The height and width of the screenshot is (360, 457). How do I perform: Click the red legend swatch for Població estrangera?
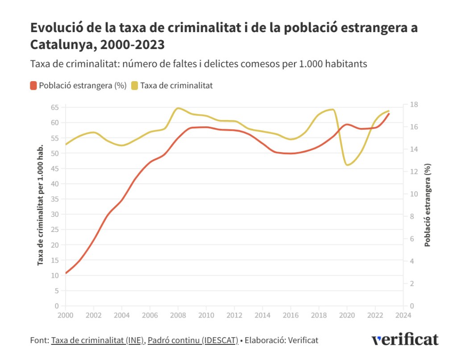pyautogui.click(x=33, y=86)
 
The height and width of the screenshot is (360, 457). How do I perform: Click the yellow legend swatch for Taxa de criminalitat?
pyautogui.click(x=134, y=86)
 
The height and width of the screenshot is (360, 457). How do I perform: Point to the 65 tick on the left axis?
pyautogui.click(x=54, y=108)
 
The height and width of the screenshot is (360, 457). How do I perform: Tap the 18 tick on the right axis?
pyautogui.click(x=414, y=105)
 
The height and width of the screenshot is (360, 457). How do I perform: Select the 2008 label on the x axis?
pyautogui.click(x=178, y=314)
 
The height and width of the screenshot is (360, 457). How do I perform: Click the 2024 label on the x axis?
pyautogui.click(x=403, y=314)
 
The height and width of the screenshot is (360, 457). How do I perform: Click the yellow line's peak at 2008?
pyautogui.click(x=178, y=108)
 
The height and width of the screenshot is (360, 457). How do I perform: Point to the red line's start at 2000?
pyautogui.click(x=66, y=273)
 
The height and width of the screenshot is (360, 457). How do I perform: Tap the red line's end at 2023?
pyautogui.click(x=389, y=114)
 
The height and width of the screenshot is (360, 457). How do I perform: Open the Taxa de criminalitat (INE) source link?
pyautogui.click(x=98, y=340)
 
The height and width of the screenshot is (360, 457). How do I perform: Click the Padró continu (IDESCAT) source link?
pyautogui.click(x=193, y=340)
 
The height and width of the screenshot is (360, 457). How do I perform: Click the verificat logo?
pyautogui.click(x=405, y=339)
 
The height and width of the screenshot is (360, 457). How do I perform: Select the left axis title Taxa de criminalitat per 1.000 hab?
pyautogui.click(x=41, y=205)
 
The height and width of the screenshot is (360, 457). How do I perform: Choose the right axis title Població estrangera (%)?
pyautogui.click(x=428, y=205)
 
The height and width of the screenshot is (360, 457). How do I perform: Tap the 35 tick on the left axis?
pyautogui.click(x=54, y=199)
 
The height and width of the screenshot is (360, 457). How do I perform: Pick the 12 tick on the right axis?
pyautogui.click(x=414, y=172)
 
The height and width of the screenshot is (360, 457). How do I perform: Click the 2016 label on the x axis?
pyautogui.click(x=291, y=314)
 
